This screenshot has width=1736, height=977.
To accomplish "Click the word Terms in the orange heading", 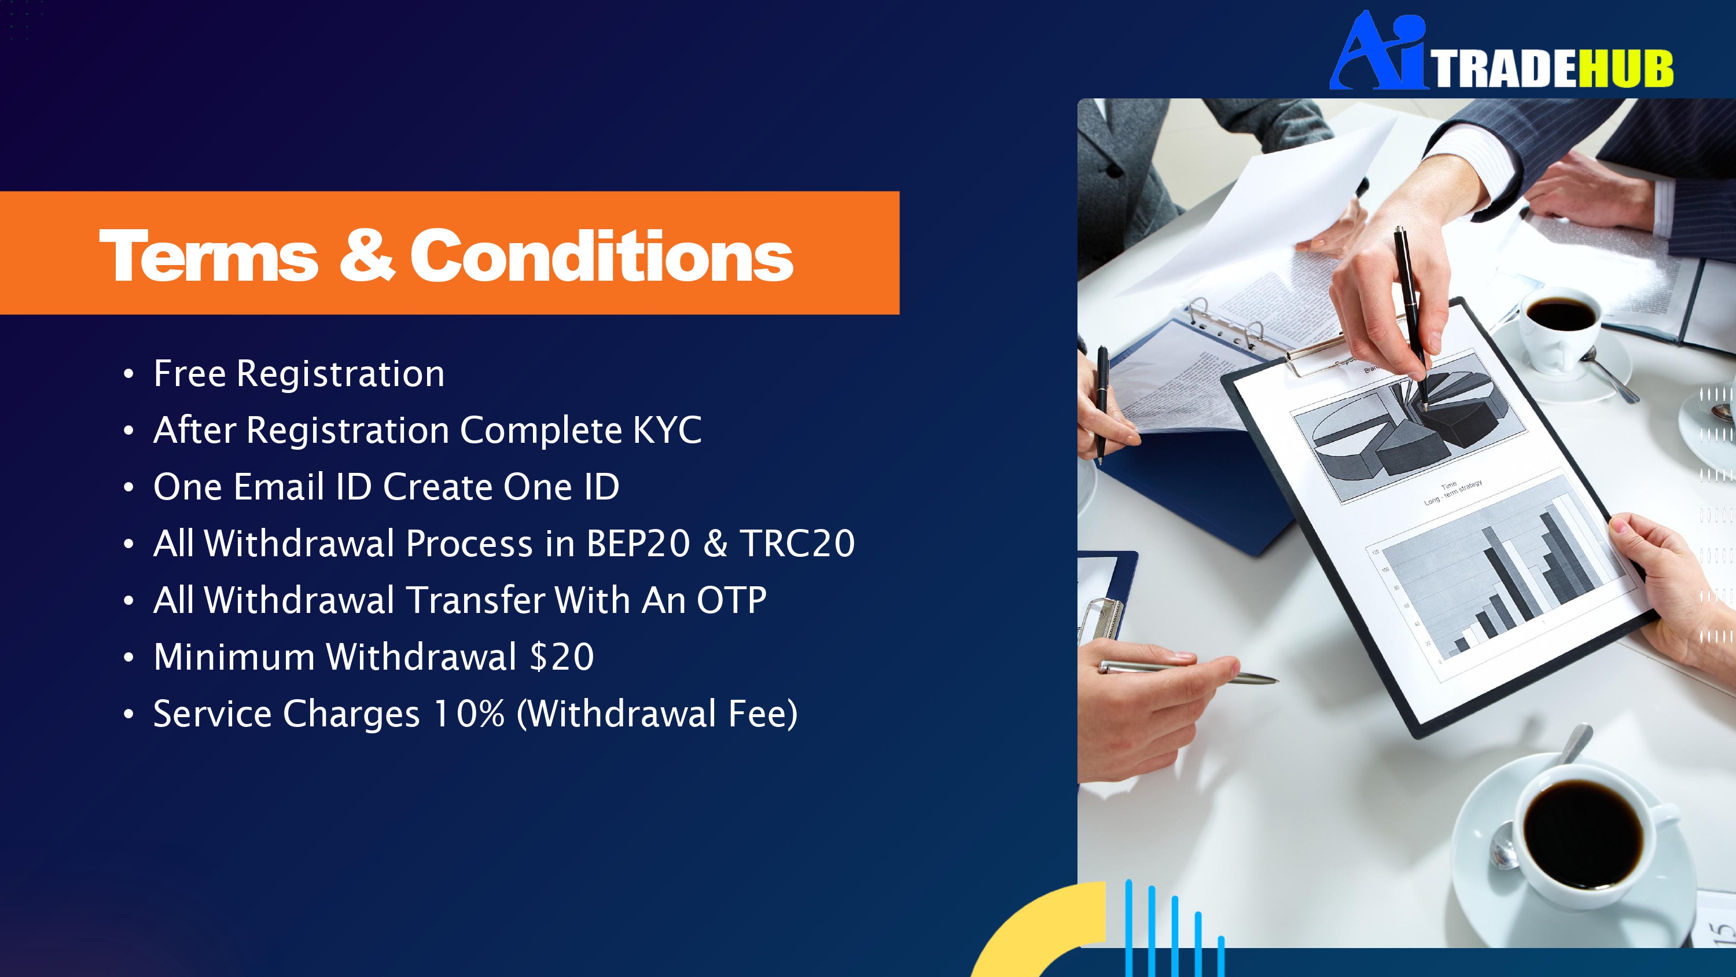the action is tap(208, 256).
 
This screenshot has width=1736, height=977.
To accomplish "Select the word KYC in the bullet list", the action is tap(667, 429).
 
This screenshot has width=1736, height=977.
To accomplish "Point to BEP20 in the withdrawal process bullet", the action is tap(638, 543).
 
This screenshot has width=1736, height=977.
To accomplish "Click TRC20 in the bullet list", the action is tap(797, 543).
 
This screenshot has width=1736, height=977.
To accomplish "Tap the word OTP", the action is tap(731, 600).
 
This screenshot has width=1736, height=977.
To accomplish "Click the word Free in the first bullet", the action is tap(189, 373).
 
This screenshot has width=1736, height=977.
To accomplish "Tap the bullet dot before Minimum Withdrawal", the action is tap(128, 658).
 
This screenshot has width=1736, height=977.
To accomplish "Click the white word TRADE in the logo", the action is tap(1505, 68).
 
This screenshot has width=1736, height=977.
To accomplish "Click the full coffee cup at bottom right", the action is tap(1577, 839).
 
